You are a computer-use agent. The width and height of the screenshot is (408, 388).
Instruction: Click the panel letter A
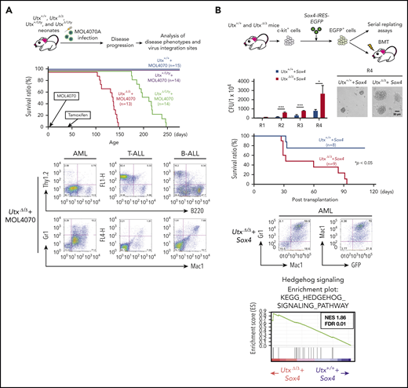tap(7, 8)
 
